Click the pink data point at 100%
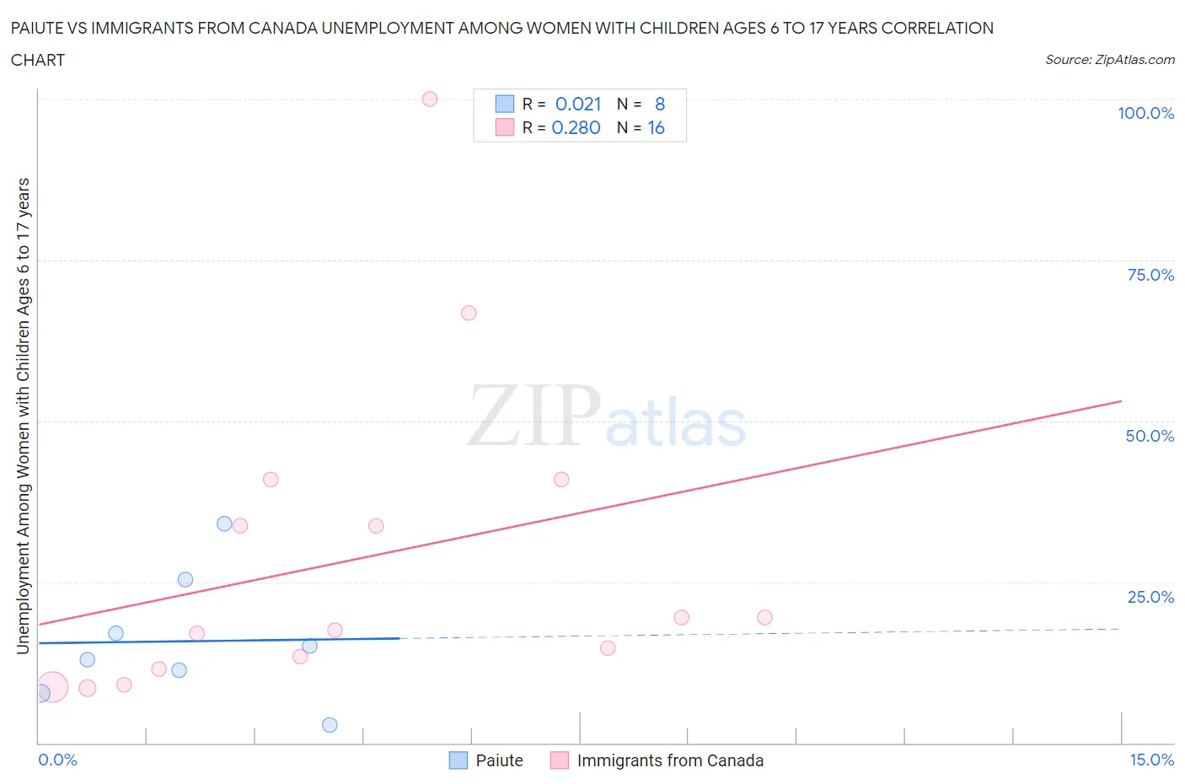coord(430,99)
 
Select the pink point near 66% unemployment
coord(469,313)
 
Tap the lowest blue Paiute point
coord(330,725)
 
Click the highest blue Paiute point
coord(224,524)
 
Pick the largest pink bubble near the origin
coord(51,687)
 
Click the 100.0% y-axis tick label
coord(1145,113)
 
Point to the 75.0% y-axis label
coord(1150,275)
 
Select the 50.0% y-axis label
coord(1150,436)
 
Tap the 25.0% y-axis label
coord(1150,597)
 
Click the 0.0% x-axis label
coord(57,760)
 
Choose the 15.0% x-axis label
coord(1151,760)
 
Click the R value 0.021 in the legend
coord(578,104)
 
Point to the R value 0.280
coord(576,127)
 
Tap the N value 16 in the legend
coord(656,127)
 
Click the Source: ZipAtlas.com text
coord(1109,59)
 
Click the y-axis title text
coord(23,416)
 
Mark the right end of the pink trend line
coord(1121,401)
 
